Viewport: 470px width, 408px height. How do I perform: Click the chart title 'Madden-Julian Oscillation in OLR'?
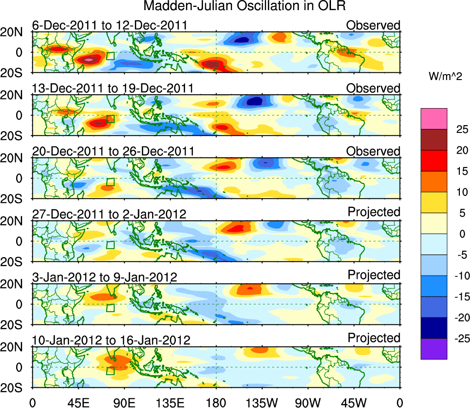click(244, 6)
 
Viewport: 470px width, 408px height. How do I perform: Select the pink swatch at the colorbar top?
click(433, 119)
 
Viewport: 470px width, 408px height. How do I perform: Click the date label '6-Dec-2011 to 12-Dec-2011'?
click(110, 25)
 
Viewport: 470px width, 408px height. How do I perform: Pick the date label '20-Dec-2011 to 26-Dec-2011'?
click(113, 151)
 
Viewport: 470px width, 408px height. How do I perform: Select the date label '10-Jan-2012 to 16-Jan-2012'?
click(111, 341)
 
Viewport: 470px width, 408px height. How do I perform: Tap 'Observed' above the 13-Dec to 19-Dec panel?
click(373, 88)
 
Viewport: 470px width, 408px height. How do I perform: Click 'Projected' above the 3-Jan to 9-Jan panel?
click(374, 275)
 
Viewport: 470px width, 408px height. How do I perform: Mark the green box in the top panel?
click(110, 56)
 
